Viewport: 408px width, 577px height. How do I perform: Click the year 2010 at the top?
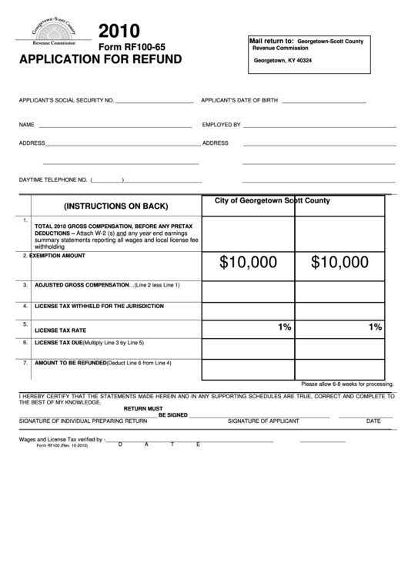point(119,31)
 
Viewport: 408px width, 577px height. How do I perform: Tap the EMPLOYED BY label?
point(222,124)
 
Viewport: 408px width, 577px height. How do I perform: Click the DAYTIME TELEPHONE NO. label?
point(52,180)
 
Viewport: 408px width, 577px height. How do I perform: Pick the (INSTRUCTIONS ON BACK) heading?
point(115,206)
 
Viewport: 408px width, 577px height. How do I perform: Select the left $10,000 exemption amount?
point(248,263)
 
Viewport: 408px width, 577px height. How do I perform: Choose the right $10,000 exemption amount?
point(339,263)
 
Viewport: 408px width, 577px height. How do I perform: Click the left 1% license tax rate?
point(284,327)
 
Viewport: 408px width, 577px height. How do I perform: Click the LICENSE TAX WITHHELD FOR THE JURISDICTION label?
point(99,306)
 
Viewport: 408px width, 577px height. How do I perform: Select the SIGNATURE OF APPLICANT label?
point(263,421)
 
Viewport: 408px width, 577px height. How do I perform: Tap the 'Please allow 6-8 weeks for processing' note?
point(346,383)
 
